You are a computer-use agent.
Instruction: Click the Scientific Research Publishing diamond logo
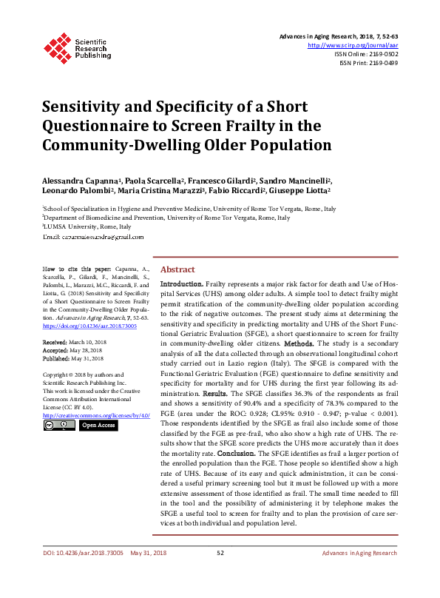click(57, 45)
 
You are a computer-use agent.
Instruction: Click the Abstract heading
click(177, 270)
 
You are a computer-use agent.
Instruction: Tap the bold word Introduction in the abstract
click(182, 284)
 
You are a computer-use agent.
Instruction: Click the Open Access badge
click(98, 426)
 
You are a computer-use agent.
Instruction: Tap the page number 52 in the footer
click(220, 574)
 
